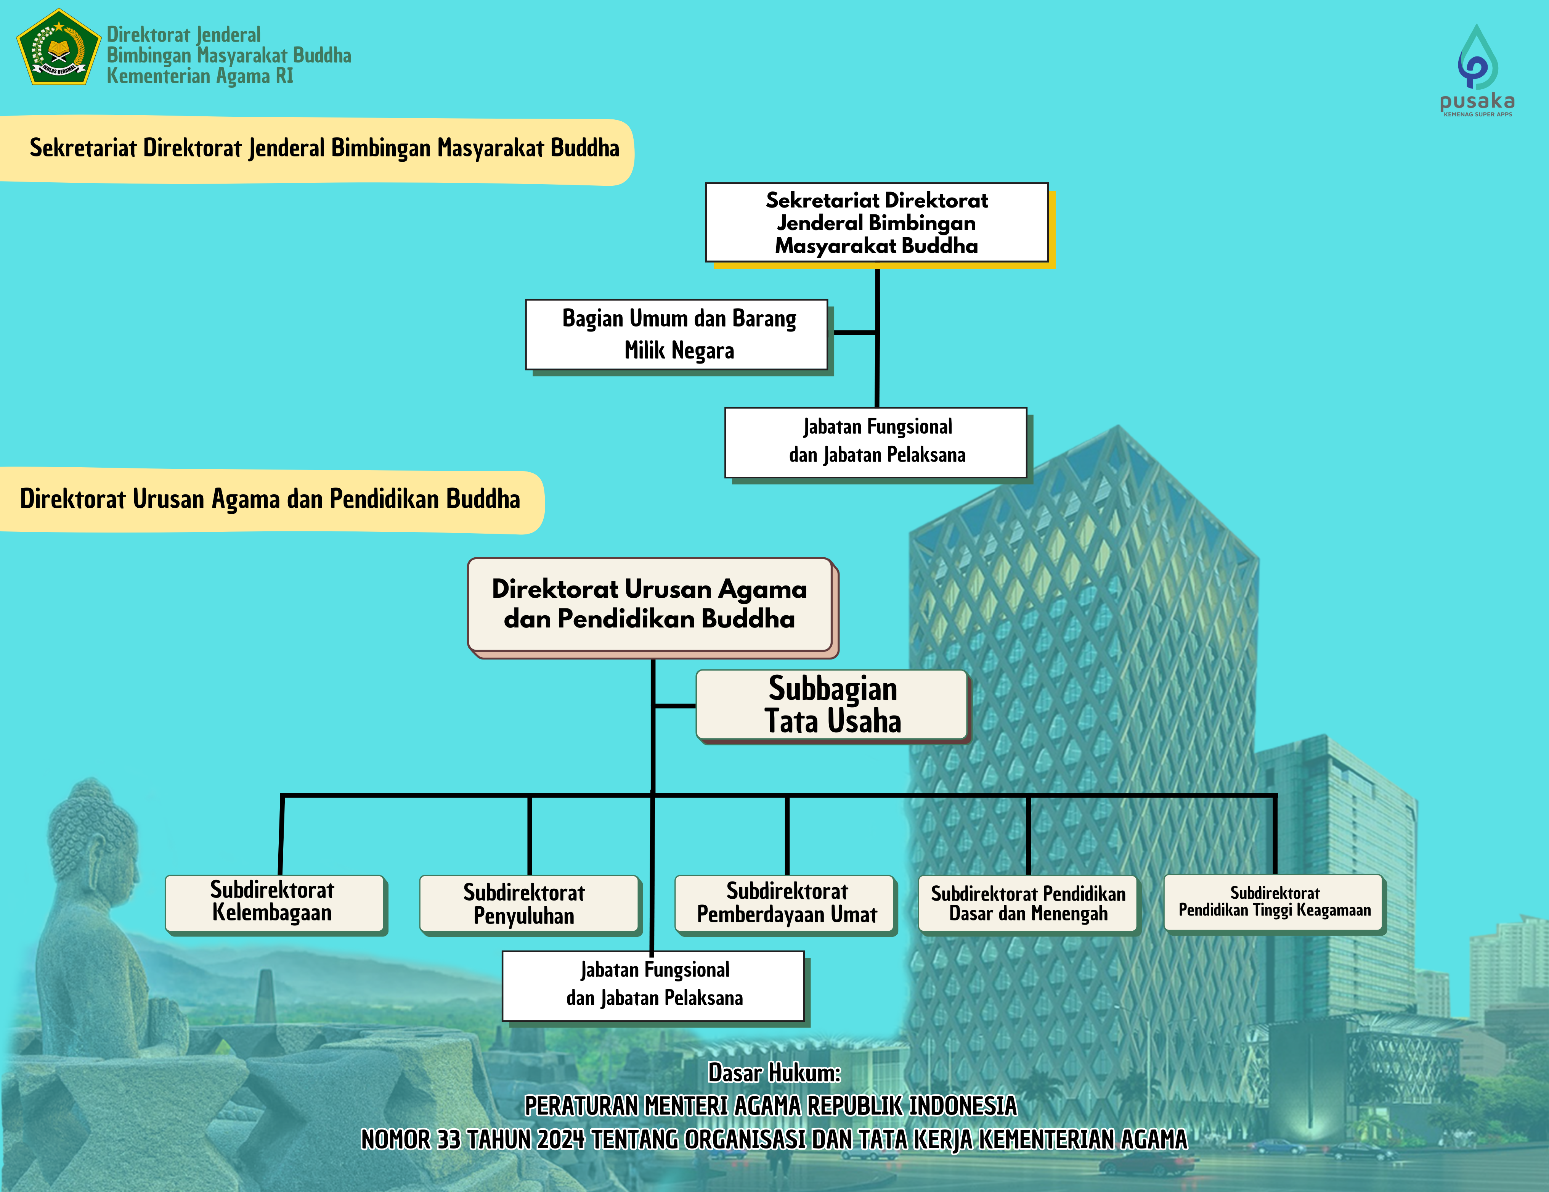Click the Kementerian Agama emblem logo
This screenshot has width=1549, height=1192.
click(x=58, y=48)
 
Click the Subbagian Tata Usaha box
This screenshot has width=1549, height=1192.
click(x=832, y=705)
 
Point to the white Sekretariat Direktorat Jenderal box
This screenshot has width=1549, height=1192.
click(x=876, y=223)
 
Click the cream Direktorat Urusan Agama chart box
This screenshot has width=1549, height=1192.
click(x=650, y=605)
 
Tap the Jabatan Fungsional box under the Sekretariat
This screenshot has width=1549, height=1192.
click(x=876, y=442)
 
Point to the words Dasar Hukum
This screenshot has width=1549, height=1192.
click(x=775, y=1072)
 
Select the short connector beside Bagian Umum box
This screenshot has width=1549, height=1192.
click(x=856, y=332)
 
